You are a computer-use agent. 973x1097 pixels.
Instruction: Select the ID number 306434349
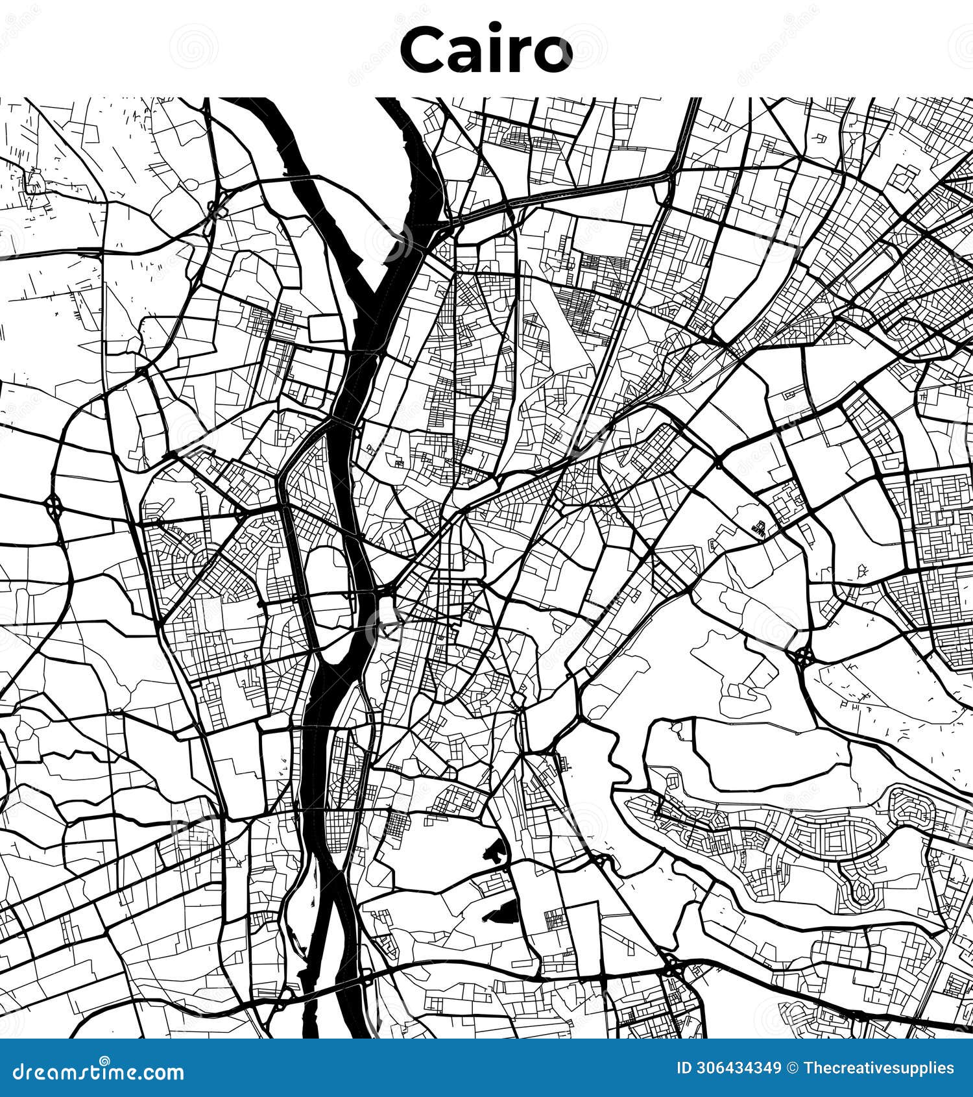point(738,1068)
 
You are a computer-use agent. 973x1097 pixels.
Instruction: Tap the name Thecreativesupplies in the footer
point(878,1068)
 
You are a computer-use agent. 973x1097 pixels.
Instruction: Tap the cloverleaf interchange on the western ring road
point(53,504)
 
